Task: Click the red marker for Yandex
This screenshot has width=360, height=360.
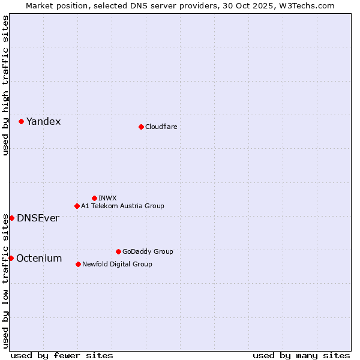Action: coord(21,121)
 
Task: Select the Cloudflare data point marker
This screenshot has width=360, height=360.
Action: coord(141,127)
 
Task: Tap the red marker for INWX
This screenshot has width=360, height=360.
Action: coord(94,198)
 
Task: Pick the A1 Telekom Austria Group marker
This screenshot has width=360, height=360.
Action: coord(77,206)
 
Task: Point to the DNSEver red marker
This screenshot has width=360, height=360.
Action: coord(11,218)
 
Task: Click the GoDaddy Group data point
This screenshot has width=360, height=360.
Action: coord(118,251)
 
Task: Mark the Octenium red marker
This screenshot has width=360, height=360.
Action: coord(11,258)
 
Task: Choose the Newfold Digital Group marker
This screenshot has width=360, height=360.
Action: coord(78,264)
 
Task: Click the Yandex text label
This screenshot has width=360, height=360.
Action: coord(43,122)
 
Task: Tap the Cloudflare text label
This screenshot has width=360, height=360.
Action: coord(161,127)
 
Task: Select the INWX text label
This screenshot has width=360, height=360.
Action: coord(107,198)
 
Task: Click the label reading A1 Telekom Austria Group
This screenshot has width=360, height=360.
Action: coord(122,206)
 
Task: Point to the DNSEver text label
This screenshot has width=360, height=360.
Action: coord(38,218)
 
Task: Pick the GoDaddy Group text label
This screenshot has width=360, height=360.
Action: coord(148,251)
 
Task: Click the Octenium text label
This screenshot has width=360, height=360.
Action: coord(39,259)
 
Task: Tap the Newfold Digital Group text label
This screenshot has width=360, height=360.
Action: coord(117,264)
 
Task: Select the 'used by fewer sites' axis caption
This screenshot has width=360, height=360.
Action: coord(62,355)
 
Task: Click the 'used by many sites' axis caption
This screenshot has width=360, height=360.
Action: coord(301,355)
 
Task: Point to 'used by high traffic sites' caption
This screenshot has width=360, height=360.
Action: coord(5,85)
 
